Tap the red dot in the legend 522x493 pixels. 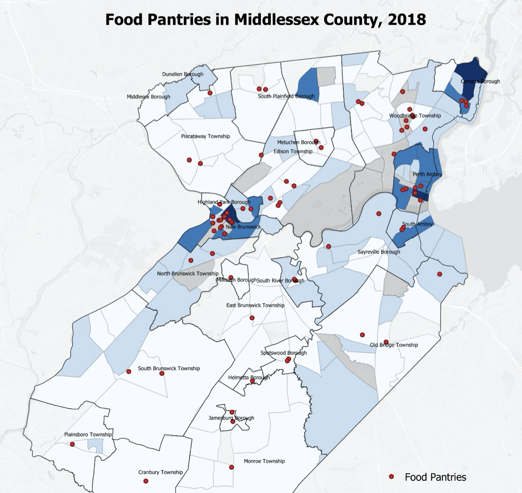pos(391,477)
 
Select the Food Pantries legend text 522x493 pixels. pos(435,477)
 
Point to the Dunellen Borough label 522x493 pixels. pos(183,74)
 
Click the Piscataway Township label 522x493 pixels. pos(205,136)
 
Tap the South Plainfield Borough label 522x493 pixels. pos(286,96)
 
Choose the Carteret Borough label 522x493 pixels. pos(481,82)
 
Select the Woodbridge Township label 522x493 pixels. pos(415,116)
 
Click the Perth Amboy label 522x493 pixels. pos(427,174)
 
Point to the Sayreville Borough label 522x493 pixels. pos(378,252)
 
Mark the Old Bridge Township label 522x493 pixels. pos(394,345)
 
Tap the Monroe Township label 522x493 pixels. pos(264,461)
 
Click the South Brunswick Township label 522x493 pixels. pos(169,368)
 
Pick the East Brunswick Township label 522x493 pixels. pos(255,305)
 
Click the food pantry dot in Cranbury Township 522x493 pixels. pos(146,481)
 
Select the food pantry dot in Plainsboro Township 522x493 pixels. pos(72,444)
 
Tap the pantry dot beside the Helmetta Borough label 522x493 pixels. pos(252,381)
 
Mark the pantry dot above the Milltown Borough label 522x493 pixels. pos(231,278)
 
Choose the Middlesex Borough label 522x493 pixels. pos(148,97)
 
